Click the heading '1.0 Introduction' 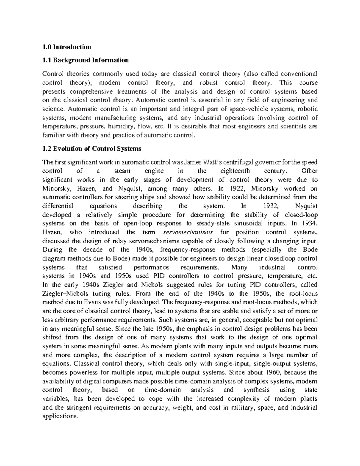[67, 47]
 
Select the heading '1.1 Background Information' [85, 60]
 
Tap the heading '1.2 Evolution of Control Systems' [92, 149]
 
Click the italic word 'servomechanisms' [187, 232]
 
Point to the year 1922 [235, 188]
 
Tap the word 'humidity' [118, 127]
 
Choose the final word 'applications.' [60, 416]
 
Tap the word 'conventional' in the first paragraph [299, 74]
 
